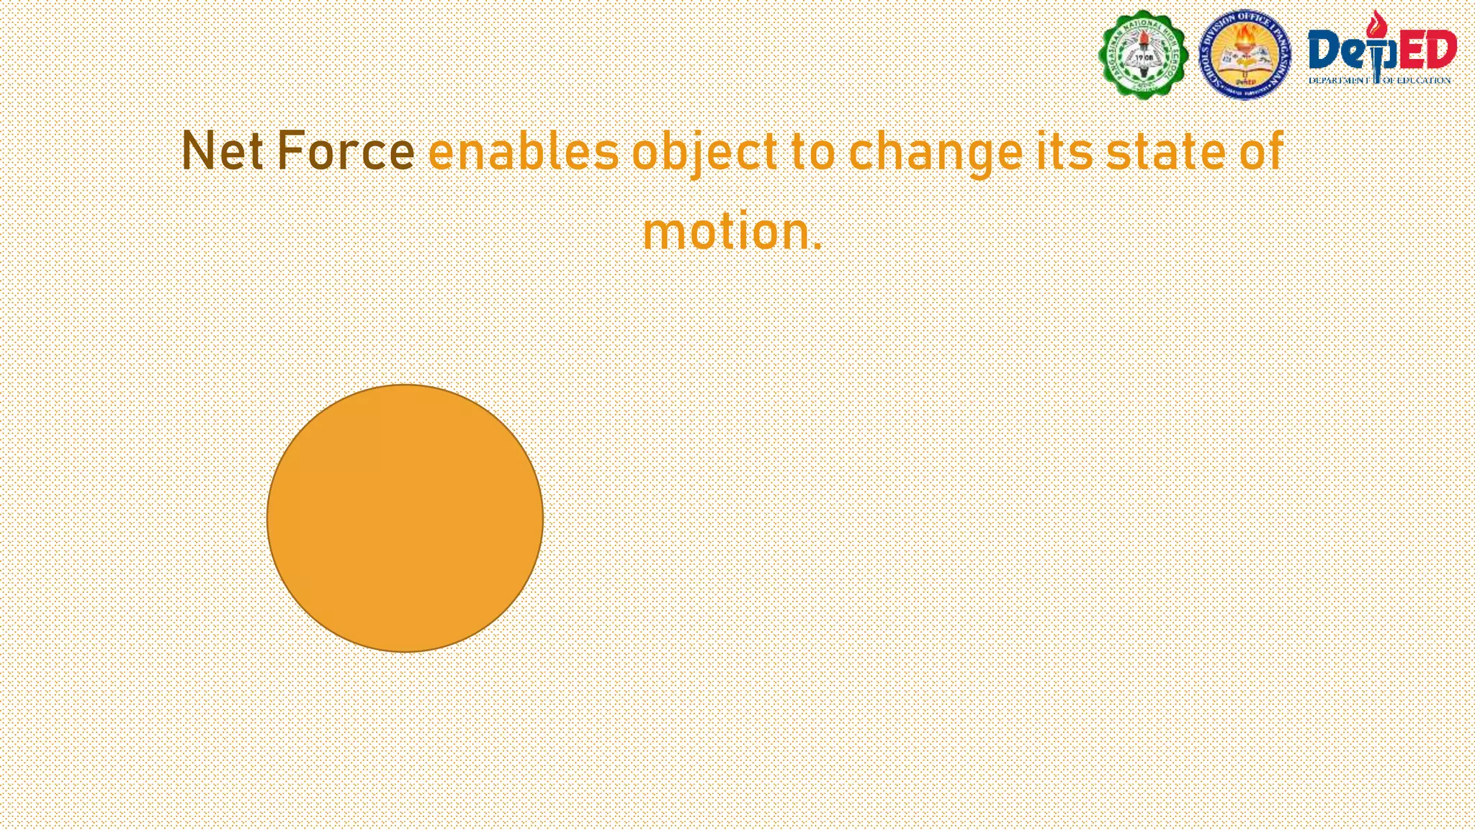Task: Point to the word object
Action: pyautogui.click(x=704, y=153)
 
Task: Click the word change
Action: pyautogui.click(x=936, y=153)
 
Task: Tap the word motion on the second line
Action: pyautogui.click(x=725, y=232)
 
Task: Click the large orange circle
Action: pyautogui.click(x=405, y=518)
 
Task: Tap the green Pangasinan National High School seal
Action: pyautogui.click(x=1144, y=55)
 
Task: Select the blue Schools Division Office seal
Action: pyautogui.click(x=1245, y=55)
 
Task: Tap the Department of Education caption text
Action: pyautogui.click(x=1379, y=80)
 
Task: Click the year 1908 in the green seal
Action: pyautogui.click(x=1144, y=56)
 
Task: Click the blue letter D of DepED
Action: pyautogui.click(x=1324, y=51)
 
